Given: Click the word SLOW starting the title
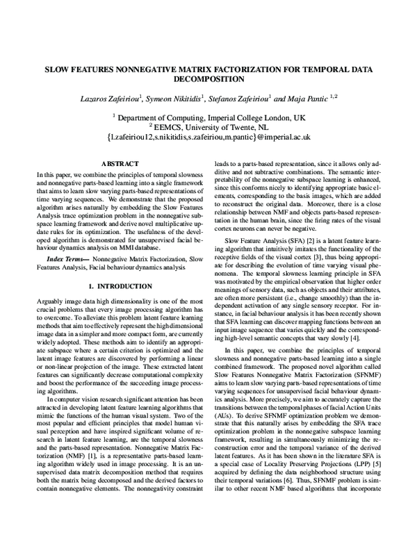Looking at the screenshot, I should click(x=59, y=69).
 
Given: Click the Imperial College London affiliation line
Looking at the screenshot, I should click(x=209, y=118).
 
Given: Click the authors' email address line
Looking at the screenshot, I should click(x=208, y=138).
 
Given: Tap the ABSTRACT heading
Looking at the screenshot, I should click(x=121, y=164).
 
